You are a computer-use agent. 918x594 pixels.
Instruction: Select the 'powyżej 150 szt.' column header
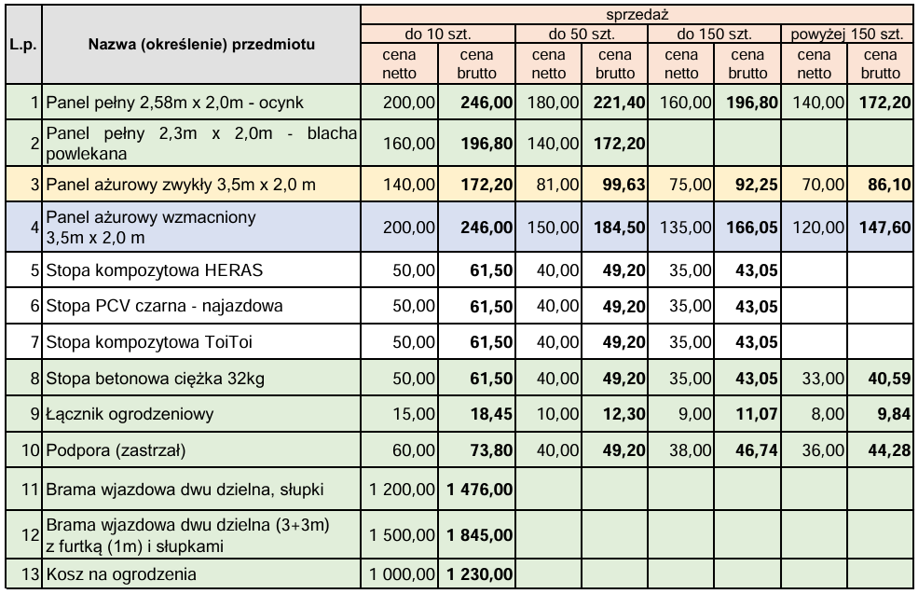pyautogui.click(x=845, y=35)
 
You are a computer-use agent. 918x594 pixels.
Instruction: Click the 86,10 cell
pyautogui.click(x=885, y=185)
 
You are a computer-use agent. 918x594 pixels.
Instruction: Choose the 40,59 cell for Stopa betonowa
pyautogui.click(x=885, y=380)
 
